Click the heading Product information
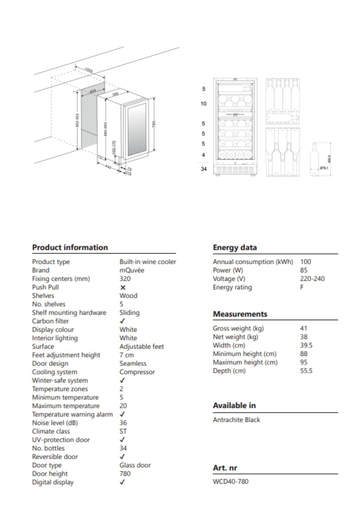point(70,247)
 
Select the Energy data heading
point(235,247)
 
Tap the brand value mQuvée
point(132,270)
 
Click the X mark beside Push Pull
point(123,287)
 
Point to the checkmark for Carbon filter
point(122,321)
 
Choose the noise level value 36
point(123,423)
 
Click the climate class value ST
point(123,431)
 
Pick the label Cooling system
point(56,372)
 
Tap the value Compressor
point(137,372)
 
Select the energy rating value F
point(302,287)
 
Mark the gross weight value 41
point(304,328)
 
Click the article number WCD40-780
point(230,481)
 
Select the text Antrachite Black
point(236,420)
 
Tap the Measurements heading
point(240,314)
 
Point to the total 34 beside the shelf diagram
point(204,169)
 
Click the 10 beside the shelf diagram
point(204,104)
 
